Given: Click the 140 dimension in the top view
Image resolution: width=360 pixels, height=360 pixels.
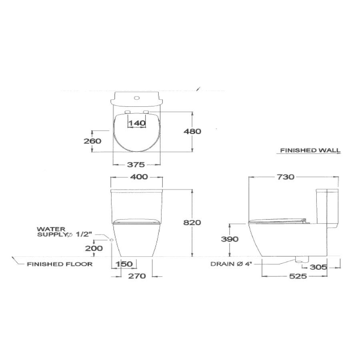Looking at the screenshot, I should (137, 123).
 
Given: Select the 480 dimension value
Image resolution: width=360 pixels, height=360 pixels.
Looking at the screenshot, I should (192, 131).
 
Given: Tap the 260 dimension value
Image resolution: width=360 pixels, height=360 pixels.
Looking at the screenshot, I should (92, 141).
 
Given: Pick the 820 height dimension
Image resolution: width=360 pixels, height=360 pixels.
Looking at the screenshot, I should (192, 223).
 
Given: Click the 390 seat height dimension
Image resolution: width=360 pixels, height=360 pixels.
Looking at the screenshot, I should (230, 239).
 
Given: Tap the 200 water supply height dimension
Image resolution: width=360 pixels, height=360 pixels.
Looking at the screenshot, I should (94, 248).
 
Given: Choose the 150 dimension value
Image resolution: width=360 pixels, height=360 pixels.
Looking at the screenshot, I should (125, 264).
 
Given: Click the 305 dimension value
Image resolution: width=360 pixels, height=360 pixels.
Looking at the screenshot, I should (318, 267).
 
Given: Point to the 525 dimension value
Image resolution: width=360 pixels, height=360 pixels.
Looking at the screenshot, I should (295, 276).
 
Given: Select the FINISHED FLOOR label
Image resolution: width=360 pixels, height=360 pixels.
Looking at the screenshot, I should (60, 264).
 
